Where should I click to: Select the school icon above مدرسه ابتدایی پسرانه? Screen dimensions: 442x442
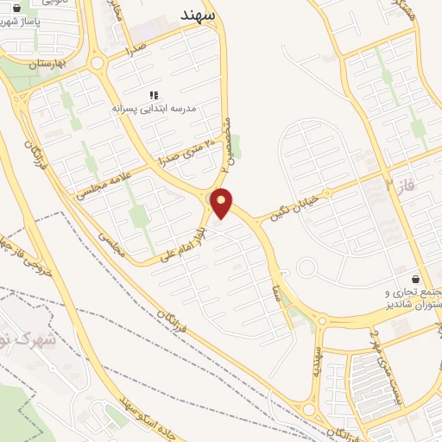pyautogui.click(x=154, y=95)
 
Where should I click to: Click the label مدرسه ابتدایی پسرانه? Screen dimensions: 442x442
pyautogui.click(x=155, y=110)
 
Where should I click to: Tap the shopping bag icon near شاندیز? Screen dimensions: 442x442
pyautogui.click(x=416, y=279)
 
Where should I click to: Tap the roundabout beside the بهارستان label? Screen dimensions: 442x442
pyautogui.click(x=96, y=62)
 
